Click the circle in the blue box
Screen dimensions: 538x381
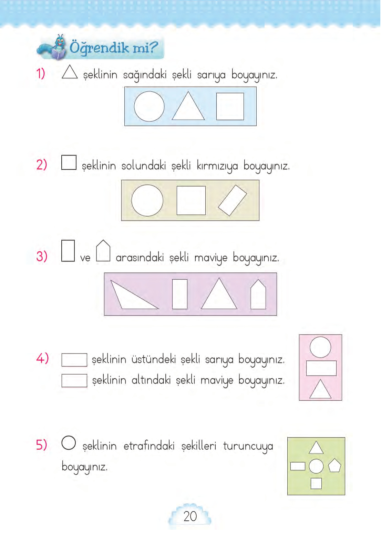(x=149, y=106)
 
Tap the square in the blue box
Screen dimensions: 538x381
(x=230, y=106)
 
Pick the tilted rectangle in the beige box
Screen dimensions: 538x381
(x=233, y=200)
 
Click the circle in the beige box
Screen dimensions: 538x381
(x=147, y=200)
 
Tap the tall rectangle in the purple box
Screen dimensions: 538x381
(x=179, y=294)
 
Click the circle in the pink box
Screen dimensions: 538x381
(x=320, y=347)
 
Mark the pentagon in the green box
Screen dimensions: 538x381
(x=334, y=466)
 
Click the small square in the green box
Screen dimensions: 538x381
(x=316, y=483)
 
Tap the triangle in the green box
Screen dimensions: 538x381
(x=316, y=449)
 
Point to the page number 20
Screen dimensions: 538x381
(x=190, y=516)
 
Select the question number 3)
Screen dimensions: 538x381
(x=42, y=256)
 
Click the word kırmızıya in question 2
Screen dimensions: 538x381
(x=217, y=166)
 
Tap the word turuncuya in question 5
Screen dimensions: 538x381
(x=248, y=446)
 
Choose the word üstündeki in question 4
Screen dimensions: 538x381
(x=154, y=359)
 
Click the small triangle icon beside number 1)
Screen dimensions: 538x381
(x=70, y=72)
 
